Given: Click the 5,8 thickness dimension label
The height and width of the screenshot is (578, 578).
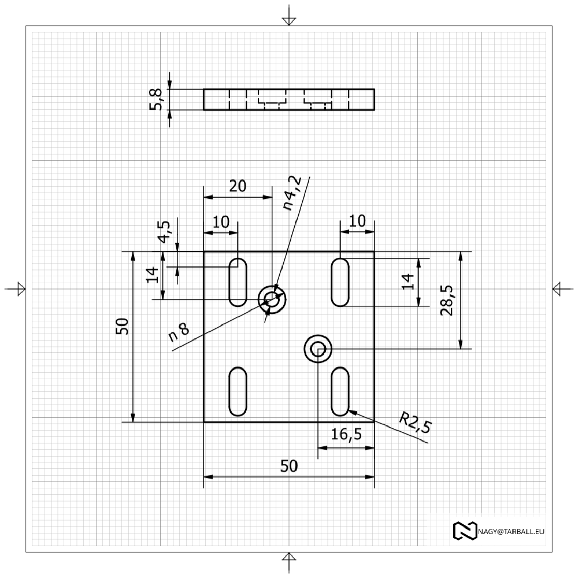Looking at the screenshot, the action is click(156, 99).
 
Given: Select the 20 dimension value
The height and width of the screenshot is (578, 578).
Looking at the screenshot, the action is click(238, 186).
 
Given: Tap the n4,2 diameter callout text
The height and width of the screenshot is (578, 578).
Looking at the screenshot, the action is click(292, 193).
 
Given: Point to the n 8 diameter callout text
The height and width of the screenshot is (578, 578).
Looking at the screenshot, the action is click(179, 331).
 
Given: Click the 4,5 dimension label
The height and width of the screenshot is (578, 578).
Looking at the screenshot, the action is click(164, 232).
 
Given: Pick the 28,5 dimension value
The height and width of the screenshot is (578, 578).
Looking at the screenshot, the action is click(446, 301).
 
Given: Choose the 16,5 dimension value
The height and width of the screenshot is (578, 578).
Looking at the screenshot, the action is click(346, 434).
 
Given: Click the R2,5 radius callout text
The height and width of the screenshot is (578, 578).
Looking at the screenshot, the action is click(416, 422).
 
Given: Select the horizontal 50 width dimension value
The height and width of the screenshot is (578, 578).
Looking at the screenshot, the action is click(289, 466).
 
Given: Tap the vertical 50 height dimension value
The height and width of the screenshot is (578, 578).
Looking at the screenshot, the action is click(122, 326).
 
